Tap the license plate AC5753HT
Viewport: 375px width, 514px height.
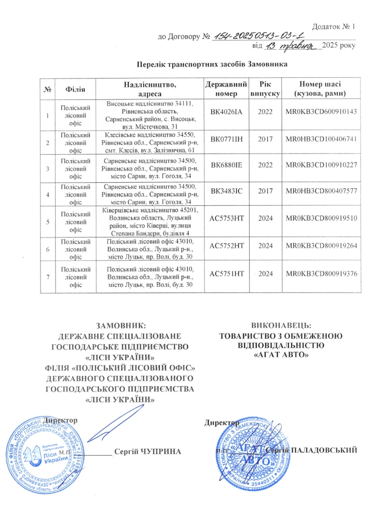pos(226,220)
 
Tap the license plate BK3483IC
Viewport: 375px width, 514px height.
pos(226,191)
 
